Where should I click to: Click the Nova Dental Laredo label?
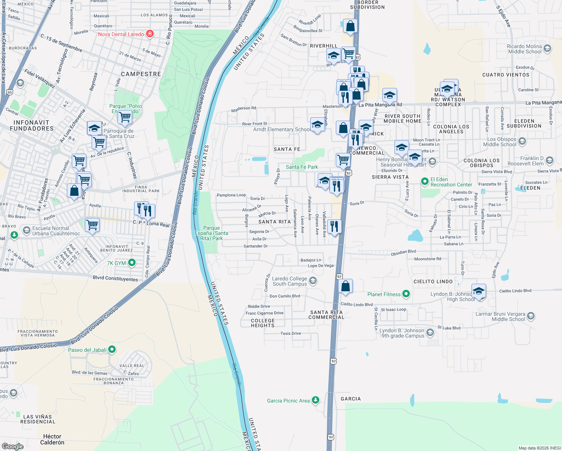click(x=121, y=34)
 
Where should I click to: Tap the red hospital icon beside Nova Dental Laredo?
click(x=150, y=34)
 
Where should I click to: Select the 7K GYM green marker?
click(x=131, y=263)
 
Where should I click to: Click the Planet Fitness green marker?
click(x=406, y=294)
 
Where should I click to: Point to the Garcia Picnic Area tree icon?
click(x=316, y=400)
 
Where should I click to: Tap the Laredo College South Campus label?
click(x=290, y=281)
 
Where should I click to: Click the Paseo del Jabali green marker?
click(x=112, y=350)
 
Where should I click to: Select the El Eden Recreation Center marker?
click(x=425, y=182)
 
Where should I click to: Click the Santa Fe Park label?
click(x=302, y=167)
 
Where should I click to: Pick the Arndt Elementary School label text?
click(x=282, y=129)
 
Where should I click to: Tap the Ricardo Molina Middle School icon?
click(x=547, y=48)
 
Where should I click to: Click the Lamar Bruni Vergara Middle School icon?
click(x=530, y=316)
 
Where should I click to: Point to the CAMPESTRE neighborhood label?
click(x=141, y=74)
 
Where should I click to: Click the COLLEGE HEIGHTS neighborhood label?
click(x=263, y=323)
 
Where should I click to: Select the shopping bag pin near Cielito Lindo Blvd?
click(x=346, y=286)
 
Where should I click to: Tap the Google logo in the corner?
click(x=13, y=446)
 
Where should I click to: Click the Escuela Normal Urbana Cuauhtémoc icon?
click(x=26, y=230)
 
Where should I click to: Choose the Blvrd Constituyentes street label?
click(x=115, y=278)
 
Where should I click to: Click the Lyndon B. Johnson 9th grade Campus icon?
click(x=430, y=333)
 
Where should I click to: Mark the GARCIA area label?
click(x=350, y=399)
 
